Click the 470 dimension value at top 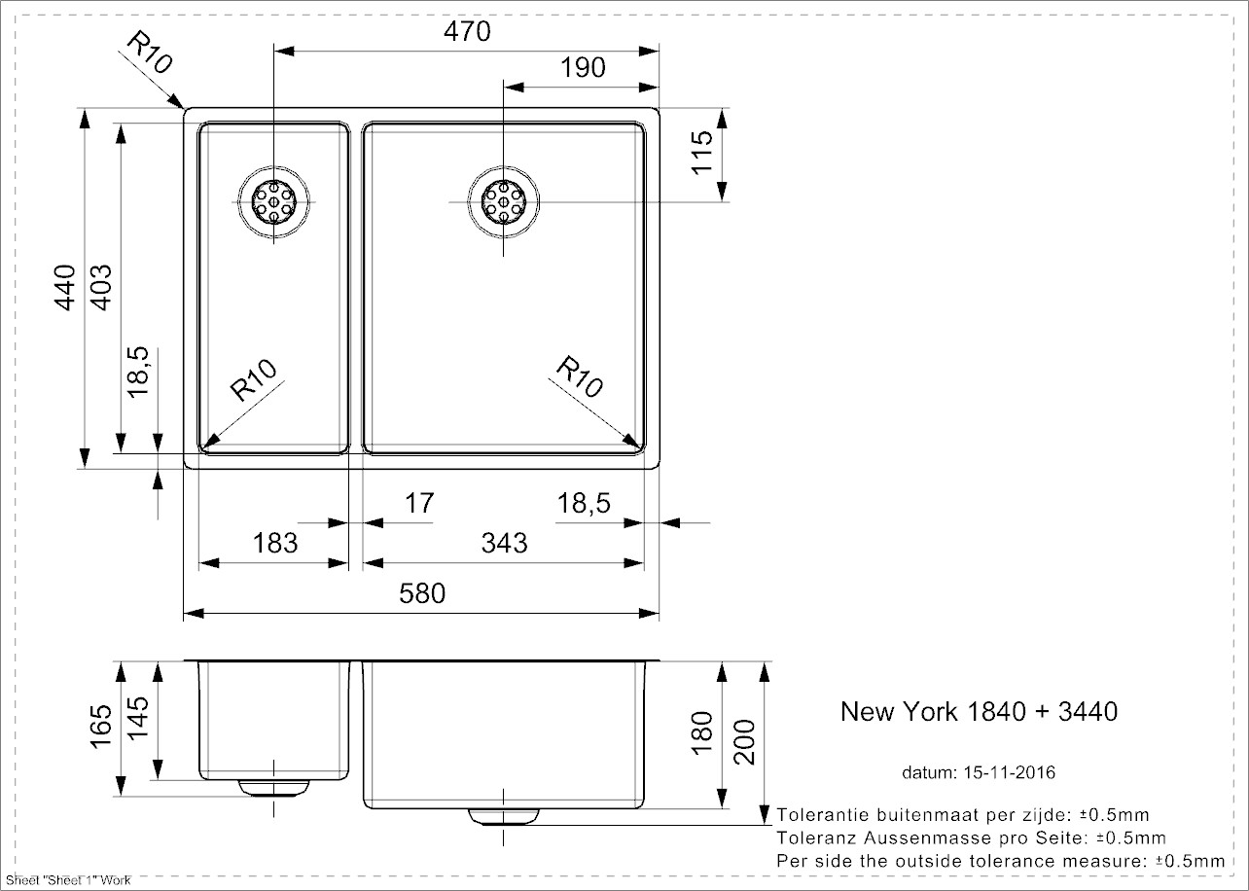click(469, 32)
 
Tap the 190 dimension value click(583, 67)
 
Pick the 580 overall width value click(422, 592)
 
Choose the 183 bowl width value click(275, 542)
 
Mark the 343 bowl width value click(504, 542)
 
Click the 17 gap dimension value click(418, 504)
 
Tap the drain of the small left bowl click(275, 201)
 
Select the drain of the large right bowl click(504, 201)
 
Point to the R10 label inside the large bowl click(581, 377)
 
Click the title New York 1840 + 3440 click(979, 712)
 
